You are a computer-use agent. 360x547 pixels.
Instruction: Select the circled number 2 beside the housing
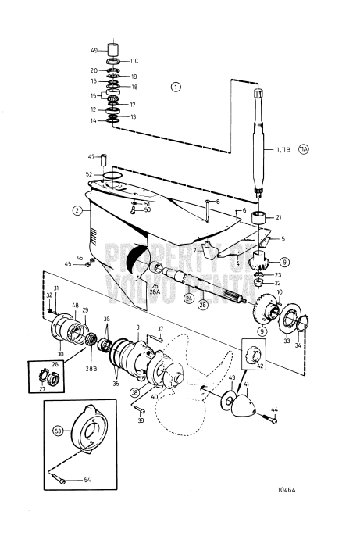77,210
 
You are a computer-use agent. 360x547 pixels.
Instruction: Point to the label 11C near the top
134,60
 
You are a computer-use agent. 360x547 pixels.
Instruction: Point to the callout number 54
87,481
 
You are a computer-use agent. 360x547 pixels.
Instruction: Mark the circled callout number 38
135,392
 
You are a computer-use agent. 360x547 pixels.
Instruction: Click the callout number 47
91,156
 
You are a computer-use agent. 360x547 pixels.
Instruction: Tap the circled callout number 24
189,298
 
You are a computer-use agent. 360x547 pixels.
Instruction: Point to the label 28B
91,345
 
